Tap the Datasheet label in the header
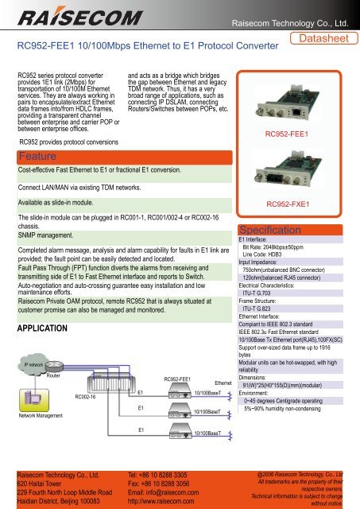326,40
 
